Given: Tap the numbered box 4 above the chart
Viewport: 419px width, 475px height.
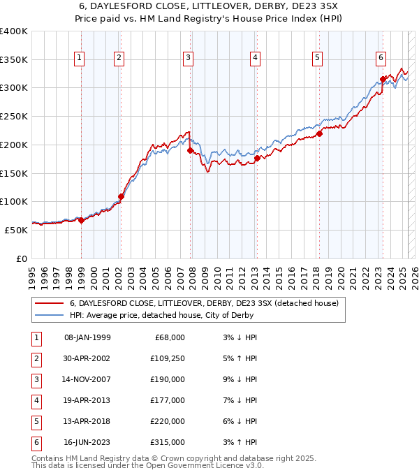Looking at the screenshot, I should click(x=256, y=58).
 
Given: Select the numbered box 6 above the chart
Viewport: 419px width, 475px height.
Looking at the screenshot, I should click(x=381, y=58).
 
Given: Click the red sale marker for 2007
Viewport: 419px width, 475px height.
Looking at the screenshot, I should click(x=190, y=149).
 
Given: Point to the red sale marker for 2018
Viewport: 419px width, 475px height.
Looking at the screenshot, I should click(x=319, y=133).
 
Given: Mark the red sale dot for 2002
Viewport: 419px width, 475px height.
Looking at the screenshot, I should click(x=121, y=196).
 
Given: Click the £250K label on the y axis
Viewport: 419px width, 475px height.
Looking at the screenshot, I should click(x=14, y=116).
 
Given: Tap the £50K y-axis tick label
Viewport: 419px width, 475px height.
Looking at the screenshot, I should click(x=16, y=230).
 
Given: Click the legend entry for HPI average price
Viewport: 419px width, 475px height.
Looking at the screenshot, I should click(x=161, y=315).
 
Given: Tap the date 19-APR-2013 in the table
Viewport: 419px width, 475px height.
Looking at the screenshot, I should click(x=87, y=400).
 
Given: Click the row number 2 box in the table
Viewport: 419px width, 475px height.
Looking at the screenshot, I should click(x=36, y=358).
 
